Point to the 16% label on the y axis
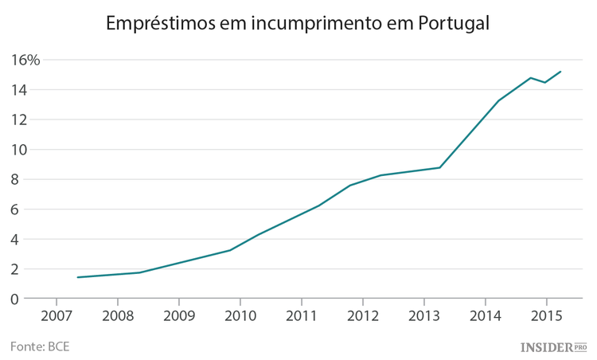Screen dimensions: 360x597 pyautogui.click(x=25, y=60)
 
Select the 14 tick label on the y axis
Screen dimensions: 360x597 pyautogui.click(x=20, y=90)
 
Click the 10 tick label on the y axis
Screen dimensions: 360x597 pyautogui.click(x=20, y=150)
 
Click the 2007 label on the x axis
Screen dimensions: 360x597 pyautogui.click(x=57, y=315)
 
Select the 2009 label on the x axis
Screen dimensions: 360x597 pyautogui.click(x=179, y=315)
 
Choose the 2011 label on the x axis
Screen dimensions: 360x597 pyautogui.click(x=301, y=315)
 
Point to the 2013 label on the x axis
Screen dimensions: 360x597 pyautogui.click(x=423, y=315)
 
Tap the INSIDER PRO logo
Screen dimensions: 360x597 pyautogui.click(x=553, y=346)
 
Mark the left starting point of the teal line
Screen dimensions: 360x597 pyautogui.click(x=78, y=277)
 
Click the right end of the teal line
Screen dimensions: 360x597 pyautogui.click(x=561, y=72)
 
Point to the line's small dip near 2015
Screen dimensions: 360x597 pyautogui.click(x=545, y=82)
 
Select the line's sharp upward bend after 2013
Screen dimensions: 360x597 pyautogui.click(x=439, y=167)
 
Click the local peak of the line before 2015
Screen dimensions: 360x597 pyautogui.click(x=531, y=77)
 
